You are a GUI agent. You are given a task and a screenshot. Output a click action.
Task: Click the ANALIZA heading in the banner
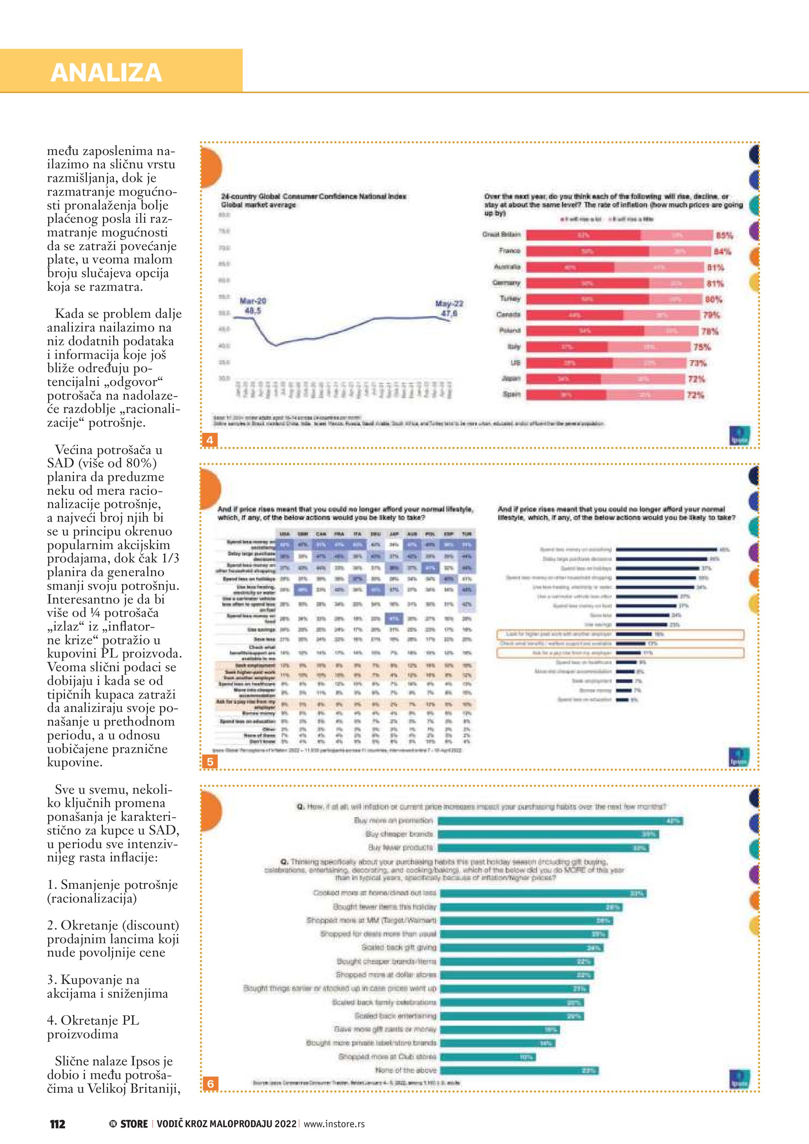point(106,72)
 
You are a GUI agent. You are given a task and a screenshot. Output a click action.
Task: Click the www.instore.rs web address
point(334,1124)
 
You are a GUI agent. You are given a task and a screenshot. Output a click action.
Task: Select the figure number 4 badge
point(210,440)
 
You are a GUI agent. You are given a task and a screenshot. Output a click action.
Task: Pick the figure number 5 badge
point(210,761)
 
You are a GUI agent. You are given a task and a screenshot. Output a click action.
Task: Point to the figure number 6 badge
point(211,1084)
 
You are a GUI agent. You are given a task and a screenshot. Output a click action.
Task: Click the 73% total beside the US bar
point(697,363)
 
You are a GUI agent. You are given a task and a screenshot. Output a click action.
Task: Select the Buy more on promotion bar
point(560,821)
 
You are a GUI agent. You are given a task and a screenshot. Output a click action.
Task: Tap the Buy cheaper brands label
point(400,834)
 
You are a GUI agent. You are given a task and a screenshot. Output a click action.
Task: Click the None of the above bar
point(519,1070)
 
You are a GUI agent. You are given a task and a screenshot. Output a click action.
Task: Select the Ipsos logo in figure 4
point(739,435)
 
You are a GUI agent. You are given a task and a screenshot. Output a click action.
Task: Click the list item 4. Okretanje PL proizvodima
point(93,1027)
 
